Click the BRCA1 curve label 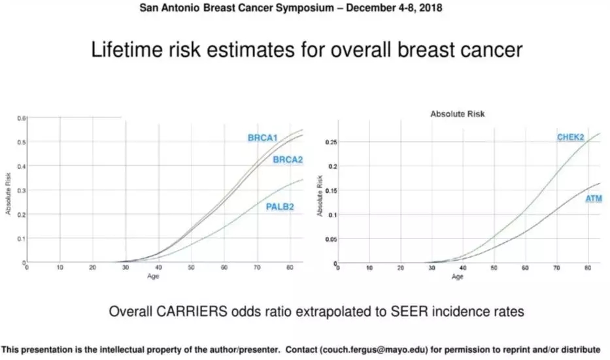[263, 139]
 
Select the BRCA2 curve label [288, 160]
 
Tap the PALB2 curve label [280, 207]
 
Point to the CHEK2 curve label [570, 137]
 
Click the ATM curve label [594, 199]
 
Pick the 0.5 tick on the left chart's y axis [21, 142]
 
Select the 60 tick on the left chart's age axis [224, 267]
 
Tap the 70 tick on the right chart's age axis [556, 269]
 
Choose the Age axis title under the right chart [457, 277]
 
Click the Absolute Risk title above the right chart [458, 114]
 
